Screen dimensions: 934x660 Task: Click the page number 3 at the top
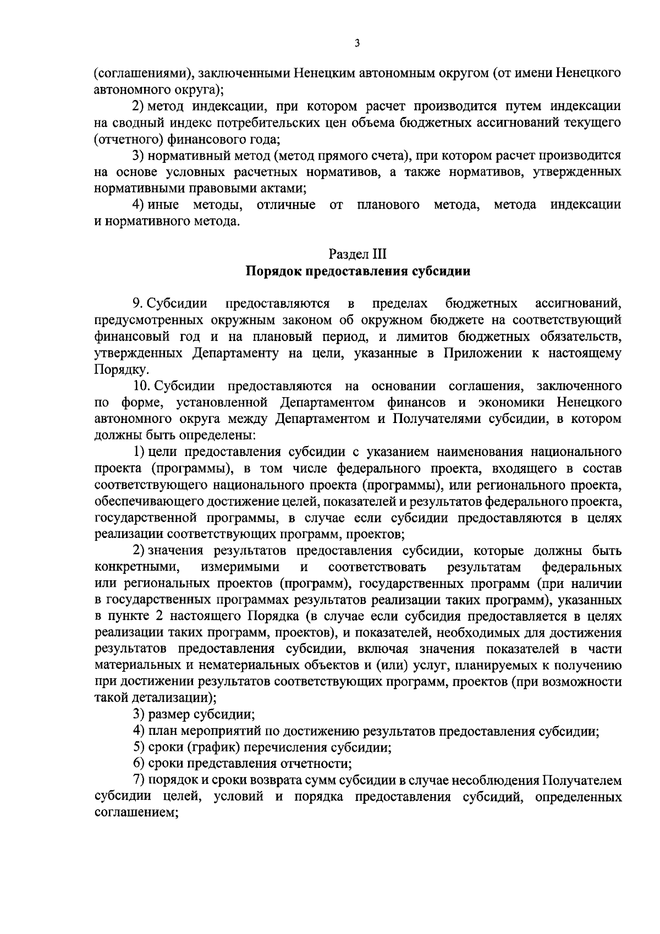[357, 43]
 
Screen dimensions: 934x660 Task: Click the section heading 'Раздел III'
[358, 254]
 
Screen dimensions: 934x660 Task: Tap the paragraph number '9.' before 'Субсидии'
[137, 304]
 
